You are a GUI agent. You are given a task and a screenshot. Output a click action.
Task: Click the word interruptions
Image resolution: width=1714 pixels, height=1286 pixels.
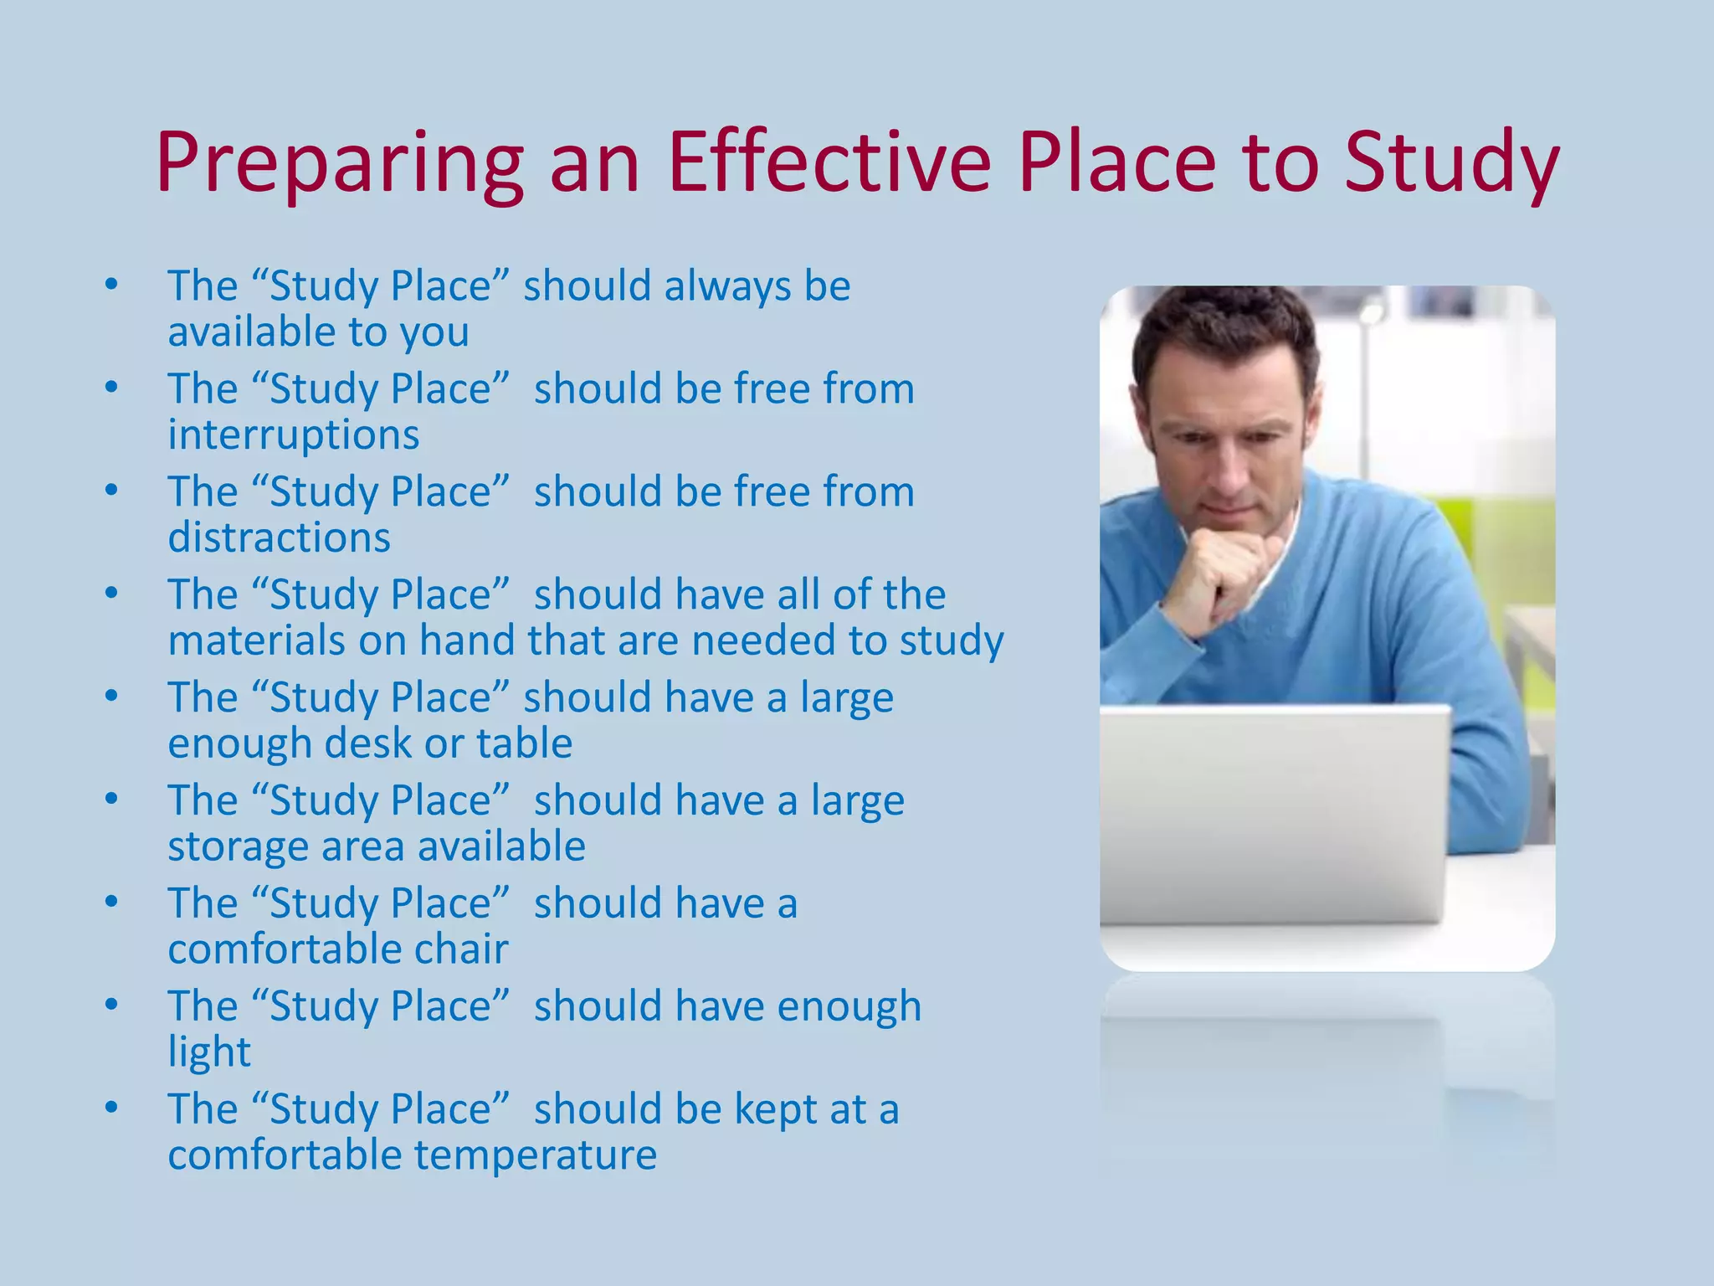(x=293, y=435)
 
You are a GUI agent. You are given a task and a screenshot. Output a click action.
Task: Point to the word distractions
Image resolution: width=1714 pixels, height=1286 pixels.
(x=279, y=538)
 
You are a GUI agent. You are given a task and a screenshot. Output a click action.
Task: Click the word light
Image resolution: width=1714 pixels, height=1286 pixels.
(x=208, y=1052)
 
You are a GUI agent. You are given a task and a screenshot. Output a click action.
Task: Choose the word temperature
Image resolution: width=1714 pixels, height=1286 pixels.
(x=535, y=1155)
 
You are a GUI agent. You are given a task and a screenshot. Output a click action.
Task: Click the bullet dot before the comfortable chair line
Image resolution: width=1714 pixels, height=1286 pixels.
(x=111, y=903)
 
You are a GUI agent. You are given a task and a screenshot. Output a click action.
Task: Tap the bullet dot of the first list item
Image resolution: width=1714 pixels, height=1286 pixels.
(x=111, y=285)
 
